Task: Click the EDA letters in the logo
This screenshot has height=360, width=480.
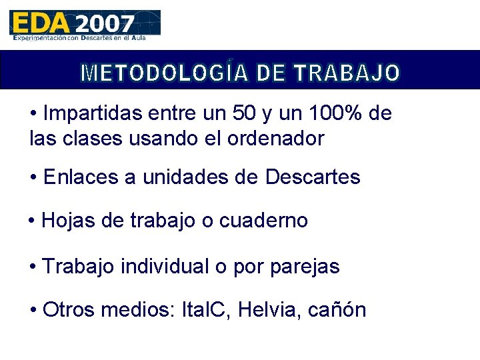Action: coord(40,23)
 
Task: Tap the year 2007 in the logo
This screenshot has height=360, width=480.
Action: coord(105,24)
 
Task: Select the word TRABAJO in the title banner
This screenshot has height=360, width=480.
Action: coord(347,73)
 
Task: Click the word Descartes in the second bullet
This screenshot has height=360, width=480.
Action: coord(313,177)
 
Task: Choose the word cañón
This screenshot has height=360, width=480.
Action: coord(338,311)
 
